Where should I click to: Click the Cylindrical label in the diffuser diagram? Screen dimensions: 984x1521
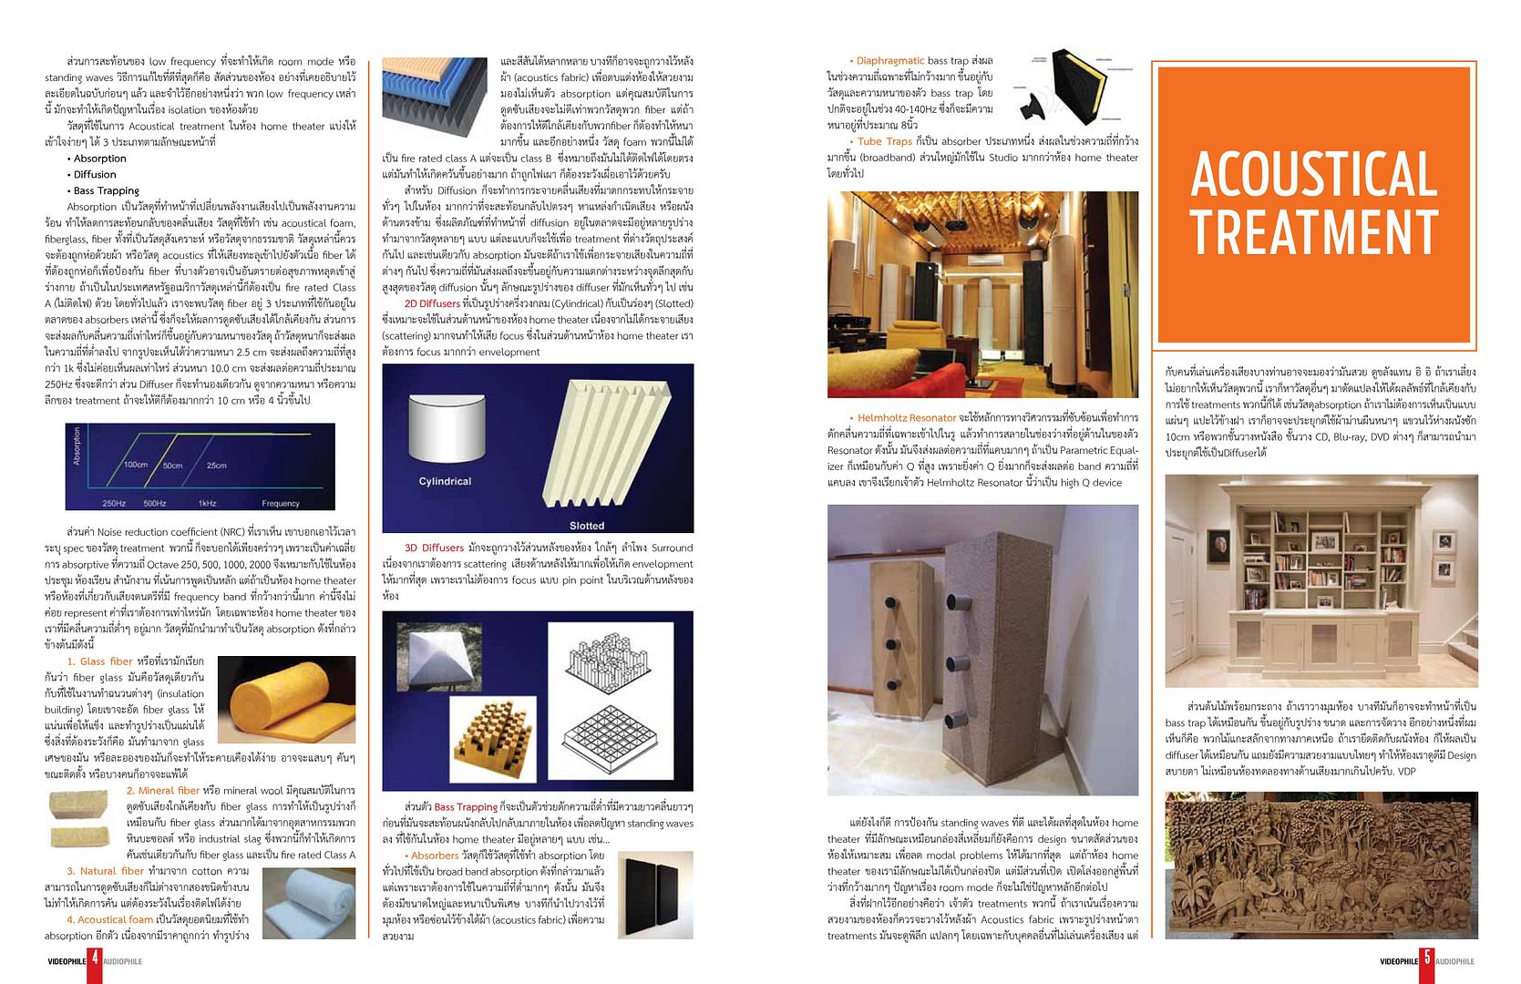pyautogui.click(x=445, y=481)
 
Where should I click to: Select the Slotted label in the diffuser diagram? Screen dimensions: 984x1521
pyautogui.click(x=587, y=526)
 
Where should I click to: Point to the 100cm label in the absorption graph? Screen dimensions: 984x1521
pyautogui.click(x=136, y=465)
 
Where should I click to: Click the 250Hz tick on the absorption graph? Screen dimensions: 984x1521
pyautogui.click(x=114, y=503)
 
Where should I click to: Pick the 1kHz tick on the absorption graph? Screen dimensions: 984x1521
pyautogui.click(x=208, y=503)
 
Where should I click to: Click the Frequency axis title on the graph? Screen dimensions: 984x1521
pyautogui.click(x=280, y=503)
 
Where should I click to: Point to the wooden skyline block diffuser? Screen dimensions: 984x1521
pyautogui.click(x=493, y=739)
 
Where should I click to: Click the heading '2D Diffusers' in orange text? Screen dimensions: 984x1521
pyautogui.click(x=432, y=303)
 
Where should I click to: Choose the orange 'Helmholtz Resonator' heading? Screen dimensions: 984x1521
pyautogui.click(x=906, y=418)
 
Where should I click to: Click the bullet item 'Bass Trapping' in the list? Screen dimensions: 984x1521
pyautogui.click(x=106, y=190)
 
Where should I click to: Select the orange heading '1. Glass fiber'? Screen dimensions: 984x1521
pyautogui.click(x=100, y=661)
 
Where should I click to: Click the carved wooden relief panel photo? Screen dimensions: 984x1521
pyautogui.click(x=1321, y=865)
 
